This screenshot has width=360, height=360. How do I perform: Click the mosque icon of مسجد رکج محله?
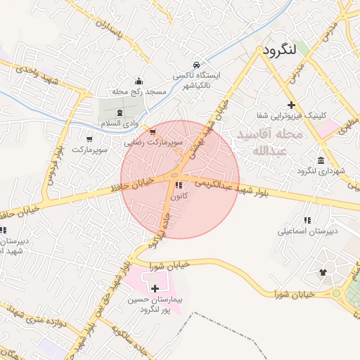point(139,80)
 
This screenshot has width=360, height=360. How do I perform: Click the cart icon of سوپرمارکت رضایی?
point(153,131)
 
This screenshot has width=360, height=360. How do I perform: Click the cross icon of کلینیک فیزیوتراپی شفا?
point(291,104)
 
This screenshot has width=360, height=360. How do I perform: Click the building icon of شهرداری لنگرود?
point(321,160)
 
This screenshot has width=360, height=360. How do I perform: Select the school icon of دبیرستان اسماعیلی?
point(307,220)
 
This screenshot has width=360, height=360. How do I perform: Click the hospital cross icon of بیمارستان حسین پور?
point(155,288)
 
